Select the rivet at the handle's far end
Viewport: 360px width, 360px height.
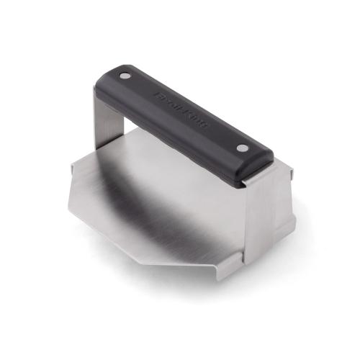click(x=127, y=75)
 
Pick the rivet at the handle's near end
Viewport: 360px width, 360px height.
click(x=241, y=148)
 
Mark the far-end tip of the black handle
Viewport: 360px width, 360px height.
click(x=108, y=72)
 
